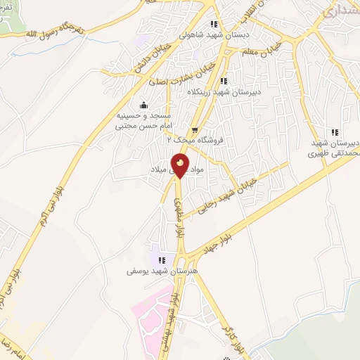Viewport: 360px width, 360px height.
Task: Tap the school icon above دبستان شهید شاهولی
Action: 214,24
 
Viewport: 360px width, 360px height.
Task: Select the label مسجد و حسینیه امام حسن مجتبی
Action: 144,119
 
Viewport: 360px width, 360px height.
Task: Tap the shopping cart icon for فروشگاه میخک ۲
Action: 193,129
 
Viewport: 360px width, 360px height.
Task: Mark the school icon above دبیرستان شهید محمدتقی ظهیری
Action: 335,131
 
